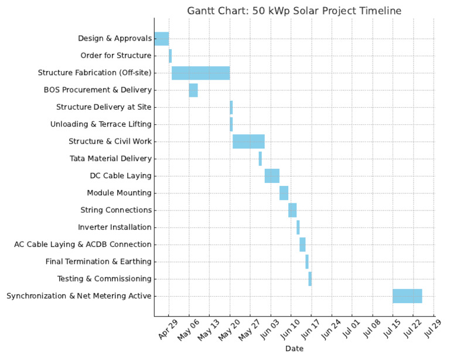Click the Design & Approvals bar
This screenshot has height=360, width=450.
point(161,39)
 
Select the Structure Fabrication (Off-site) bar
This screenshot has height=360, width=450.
point(200,73)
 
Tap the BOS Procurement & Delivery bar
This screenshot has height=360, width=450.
point(193,90)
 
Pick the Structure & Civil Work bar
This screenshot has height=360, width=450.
point(248,141)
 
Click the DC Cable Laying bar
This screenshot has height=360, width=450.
point(272,176)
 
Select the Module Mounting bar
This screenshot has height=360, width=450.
point(284,193)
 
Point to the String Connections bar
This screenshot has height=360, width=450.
point(292,210)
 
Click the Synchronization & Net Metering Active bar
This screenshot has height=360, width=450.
point(407,296)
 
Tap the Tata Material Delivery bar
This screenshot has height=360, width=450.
point(260,158)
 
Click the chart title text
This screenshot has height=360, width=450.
point(294,11)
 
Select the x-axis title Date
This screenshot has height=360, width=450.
point(294,349)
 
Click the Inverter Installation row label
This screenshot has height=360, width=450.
point(114,227)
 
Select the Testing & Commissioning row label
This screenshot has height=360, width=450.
point(104,279)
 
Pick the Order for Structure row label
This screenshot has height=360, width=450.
point(116,56)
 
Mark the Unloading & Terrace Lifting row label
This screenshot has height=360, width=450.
point(101,124)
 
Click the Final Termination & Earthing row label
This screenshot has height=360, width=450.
point(98,261)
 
